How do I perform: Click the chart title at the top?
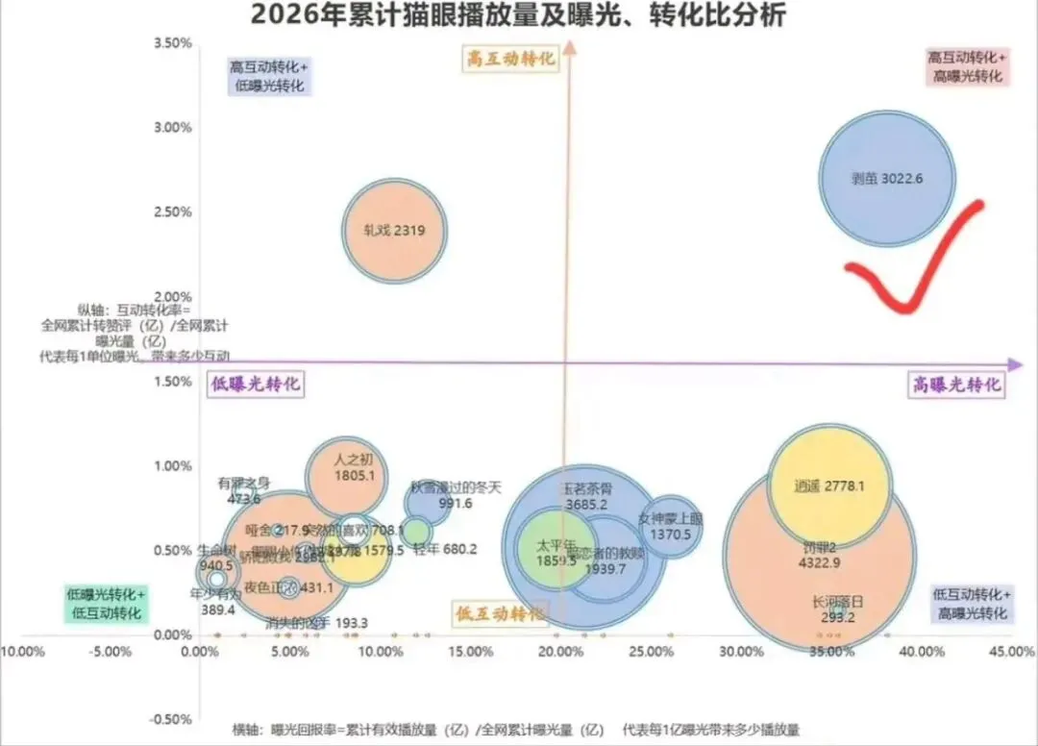point(518,16)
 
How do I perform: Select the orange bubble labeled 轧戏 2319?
point(394,231)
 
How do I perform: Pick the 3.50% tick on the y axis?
point(173,43)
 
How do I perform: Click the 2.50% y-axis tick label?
point(173,212)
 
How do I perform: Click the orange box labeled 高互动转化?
point(511,59)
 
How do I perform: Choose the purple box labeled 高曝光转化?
point(956,385)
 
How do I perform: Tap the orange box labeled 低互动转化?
point(498,612)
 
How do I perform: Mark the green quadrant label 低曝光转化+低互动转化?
point(106,603)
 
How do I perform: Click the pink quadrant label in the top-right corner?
point(967,66)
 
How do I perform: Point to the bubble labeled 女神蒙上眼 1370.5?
point(671,527)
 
